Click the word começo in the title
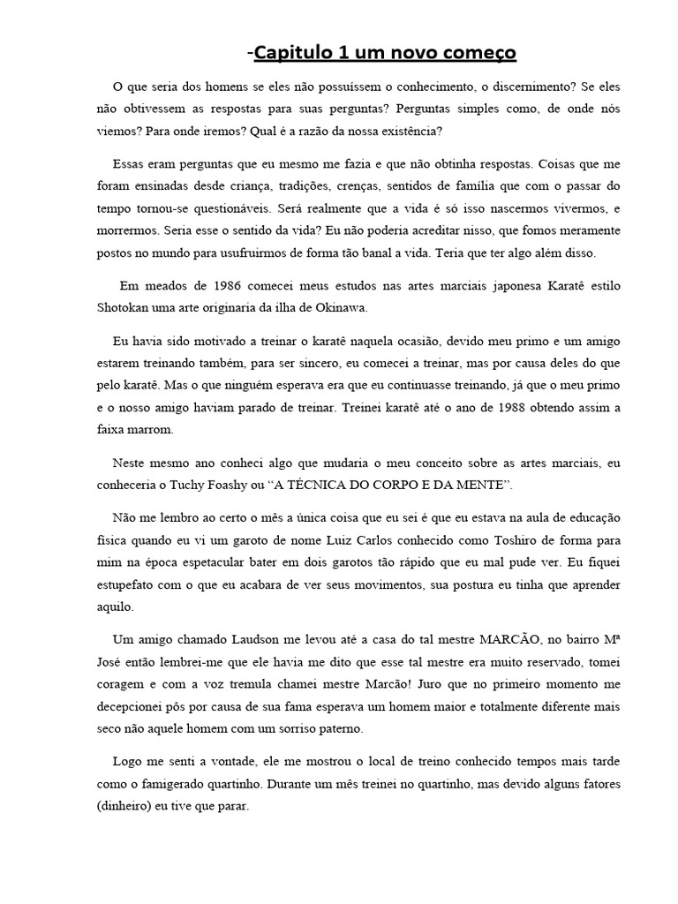(x=478, y=54)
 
